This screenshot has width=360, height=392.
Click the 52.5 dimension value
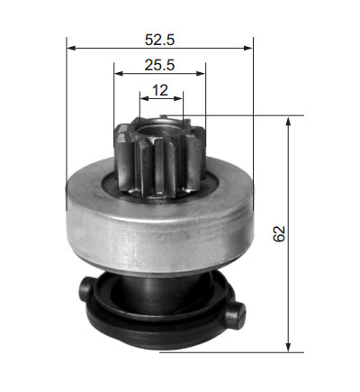[159, 40]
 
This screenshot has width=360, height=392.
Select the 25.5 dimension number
[159, 65]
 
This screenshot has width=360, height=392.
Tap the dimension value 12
[160, 90]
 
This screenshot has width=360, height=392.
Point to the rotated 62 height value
[279, 233]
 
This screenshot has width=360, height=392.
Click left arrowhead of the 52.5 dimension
[71, 48]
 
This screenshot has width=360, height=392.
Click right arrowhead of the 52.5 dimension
[248, 48]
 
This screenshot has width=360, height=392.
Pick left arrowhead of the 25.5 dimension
[119, 73]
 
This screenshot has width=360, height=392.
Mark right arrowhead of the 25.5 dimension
[201, 73]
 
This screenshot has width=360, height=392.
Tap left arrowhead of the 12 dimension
[144, 98]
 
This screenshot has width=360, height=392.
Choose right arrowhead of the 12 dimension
[178, 98]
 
